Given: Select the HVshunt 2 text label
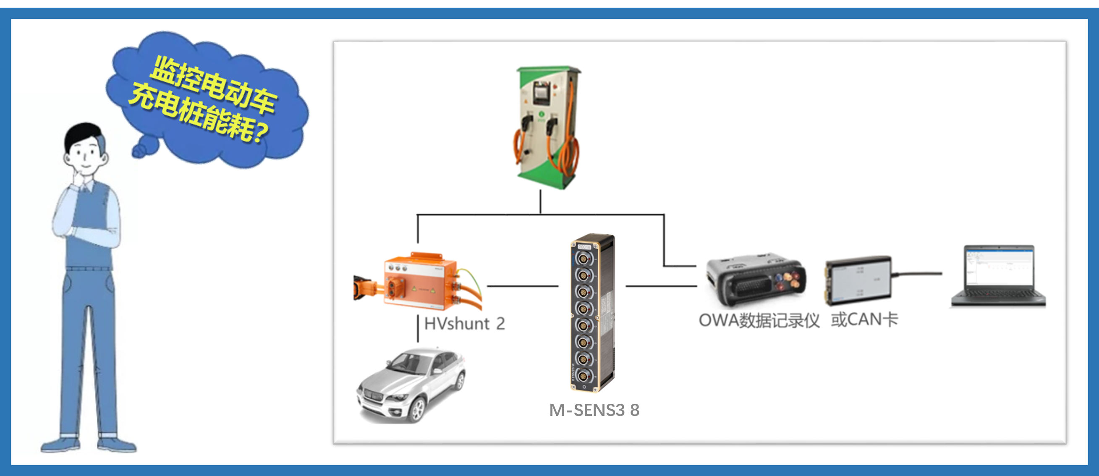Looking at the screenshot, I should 464,324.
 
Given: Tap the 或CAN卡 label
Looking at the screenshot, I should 864,319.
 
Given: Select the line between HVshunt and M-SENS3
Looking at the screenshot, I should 522,286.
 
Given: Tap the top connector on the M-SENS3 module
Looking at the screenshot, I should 582,258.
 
